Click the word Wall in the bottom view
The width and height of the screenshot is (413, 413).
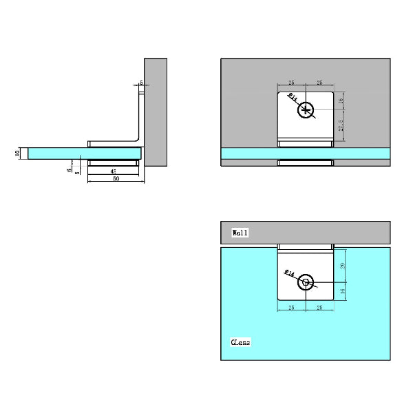click(x=240, y=233)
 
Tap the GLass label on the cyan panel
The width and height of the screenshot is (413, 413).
click(x=240, y=342)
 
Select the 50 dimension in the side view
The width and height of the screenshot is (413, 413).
click(x=116, y=179)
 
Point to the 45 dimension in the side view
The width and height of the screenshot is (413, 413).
click(x=112, y=171)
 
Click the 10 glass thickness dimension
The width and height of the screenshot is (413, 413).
click(x=17, y=153)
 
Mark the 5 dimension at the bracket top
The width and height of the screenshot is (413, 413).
click(x=141, y=83)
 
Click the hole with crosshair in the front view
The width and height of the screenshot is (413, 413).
click(x=306, y=109)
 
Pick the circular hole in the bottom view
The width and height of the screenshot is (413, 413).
click(x=306, y=281)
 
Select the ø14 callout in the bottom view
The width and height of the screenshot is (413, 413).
click(x=290, y=273)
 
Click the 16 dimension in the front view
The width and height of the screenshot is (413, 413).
click(x=341, y=101)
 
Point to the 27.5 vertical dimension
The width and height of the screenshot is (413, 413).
click(x=341, y=127)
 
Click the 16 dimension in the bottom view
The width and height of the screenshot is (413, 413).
click(x=343, y=290)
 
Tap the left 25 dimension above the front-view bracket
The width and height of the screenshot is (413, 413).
click(x=292, y=83)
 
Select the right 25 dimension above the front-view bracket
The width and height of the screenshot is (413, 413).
click(x=319, y=83)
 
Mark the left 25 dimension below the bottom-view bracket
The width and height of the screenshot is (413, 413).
click(x=292, y=308)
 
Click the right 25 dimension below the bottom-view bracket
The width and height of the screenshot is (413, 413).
click(x=319, y=308)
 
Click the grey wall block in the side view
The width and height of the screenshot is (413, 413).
click(x=156, y=110)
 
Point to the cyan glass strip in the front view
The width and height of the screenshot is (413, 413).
click(x=248, y=153)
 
